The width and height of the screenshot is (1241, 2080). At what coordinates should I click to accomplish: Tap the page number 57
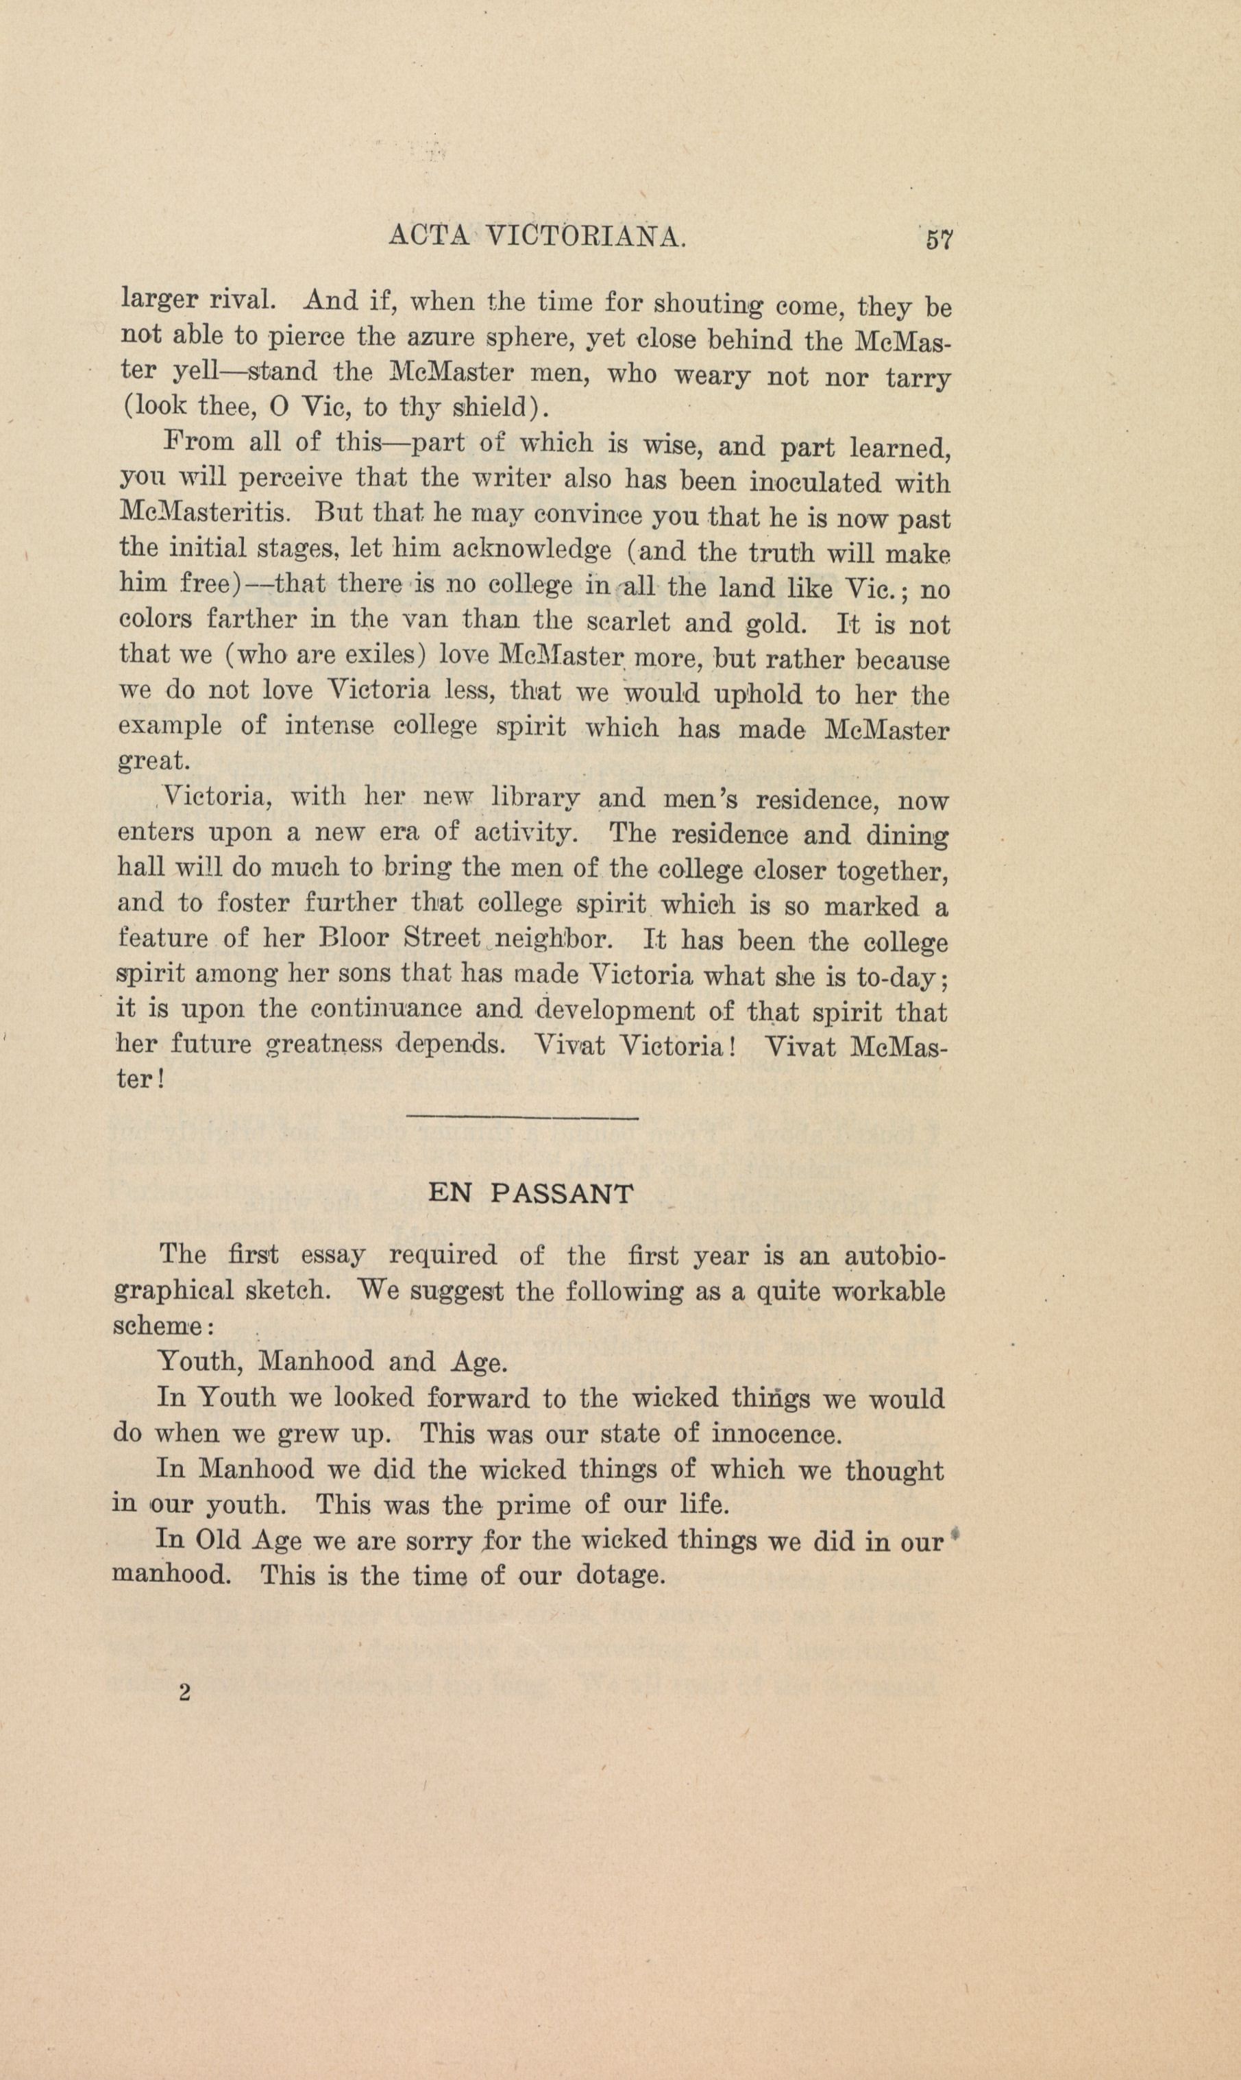click(938, 240)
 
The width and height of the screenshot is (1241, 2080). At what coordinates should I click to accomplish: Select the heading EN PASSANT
click(530, 1193)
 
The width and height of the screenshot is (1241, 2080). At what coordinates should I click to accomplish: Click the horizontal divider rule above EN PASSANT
click(521, 1117)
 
